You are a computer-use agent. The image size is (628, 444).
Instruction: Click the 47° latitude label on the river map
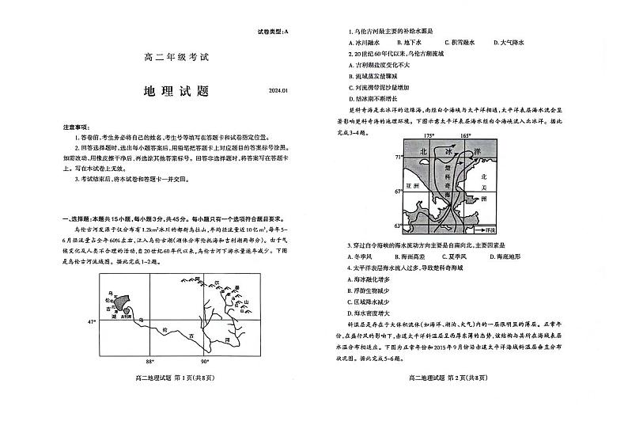(91, 321)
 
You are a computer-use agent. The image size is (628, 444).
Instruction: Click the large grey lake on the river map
(121, 301)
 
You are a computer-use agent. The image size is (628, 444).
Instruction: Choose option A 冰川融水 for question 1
(371, 42)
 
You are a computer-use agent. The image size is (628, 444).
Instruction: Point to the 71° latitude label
(399, 158)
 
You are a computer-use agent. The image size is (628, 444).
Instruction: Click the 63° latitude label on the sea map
(399, 227)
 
